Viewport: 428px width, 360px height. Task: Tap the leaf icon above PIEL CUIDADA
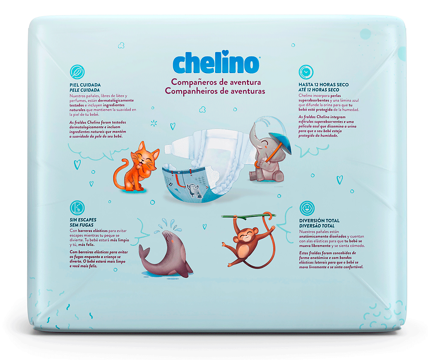click(77, 72)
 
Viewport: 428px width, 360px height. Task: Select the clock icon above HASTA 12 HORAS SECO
click(306, 72)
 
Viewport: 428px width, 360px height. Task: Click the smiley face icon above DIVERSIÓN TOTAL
click(307, 208)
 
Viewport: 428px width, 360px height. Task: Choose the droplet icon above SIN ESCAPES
click(77, 208)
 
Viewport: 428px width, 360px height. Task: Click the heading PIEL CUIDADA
click(85, 85)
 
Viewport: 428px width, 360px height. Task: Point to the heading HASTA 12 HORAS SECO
click(323, 85)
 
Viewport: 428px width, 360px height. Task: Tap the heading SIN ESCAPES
click(83, 220)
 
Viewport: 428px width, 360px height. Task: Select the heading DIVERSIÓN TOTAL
click(319, 220)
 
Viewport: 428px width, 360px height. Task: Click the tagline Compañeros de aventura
click(216, 82)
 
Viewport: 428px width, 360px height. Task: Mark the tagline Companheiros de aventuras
click(215, 91)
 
